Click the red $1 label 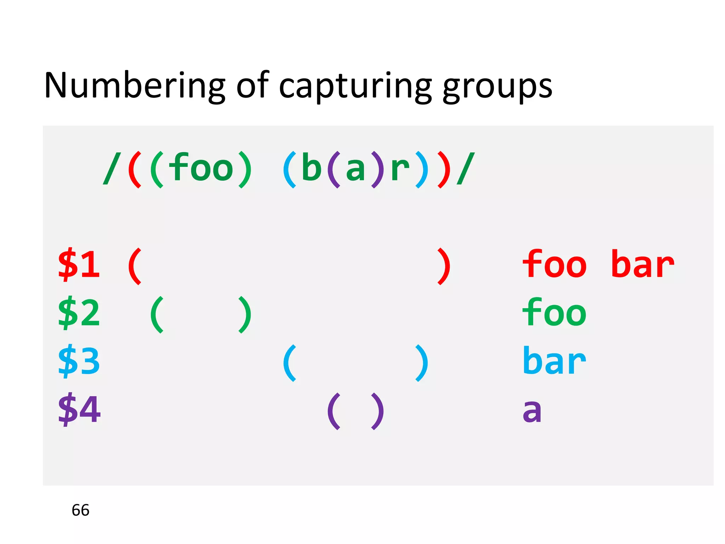pyautogui.click(x=79, y=264)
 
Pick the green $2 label pyautogui.click(x=79, y=313)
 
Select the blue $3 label pyautogui.click(x=79, y=361)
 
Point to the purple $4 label pyautogui.click(x=79, y=409)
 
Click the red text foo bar pyautogui.click(x=598, y=264)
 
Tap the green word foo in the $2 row pyautogui.click(x=554, y=313)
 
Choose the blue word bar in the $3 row pyautogui.click(x=554, y=361)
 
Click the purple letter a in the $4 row pyautogui.click(x=532, y=411)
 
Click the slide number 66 pyautogui.click(x=80, y=510)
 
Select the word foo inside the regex pyautogui.click(x=201, y=168)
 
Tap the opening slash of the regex pyautogui.click(x=112, y=169)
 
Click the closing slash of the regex pyautogui.click(x=466, y=169)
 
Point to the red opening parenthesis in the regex pyautogui.click(x=135, y=169)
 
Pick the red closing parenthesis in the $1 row pyautogui.click(x=444, y=266)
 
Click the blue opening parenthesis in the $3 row pyautogui.click(x=290, y=363)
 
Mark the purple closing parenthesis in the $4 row pyautogui.click(x=377, y=411)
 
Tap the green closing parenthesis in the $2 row pyautogui.click(x=245, y=314)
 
